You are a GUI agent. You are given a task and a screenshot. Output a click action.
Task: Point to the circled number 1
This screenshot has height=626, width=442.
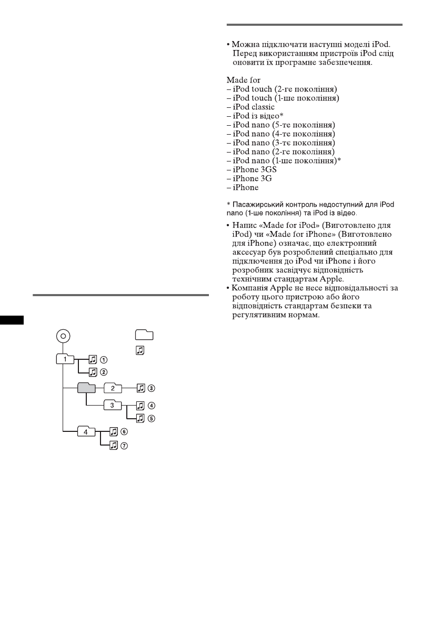(x=104, y=360)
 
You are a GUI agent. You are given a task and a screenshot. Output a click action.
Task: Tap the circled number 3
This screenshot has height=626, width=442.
(x=152, y=389)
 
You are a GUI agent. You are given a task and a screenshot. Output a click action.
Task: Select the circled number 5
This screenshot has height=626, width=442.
(x=152, y=419)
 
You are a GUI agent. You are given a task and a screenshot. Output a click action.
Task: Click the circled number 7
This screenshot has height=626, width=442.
(x=125, y=446)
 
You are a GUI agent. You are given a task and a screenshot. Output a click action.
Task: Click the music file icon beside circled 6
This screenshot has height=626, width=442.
(x=114, y=432)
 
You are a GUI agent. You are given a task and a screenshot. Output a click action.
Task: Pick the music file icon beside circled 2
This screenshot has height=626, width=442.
(x=93, y=372)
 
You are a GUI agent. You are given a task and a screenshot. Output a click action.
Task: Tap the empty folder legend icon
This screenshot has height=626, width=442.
(x=144, y=335)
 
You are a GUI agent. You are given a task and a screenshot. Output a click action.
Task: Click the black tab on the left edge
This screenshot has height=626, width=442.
(x=12, y=320)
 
